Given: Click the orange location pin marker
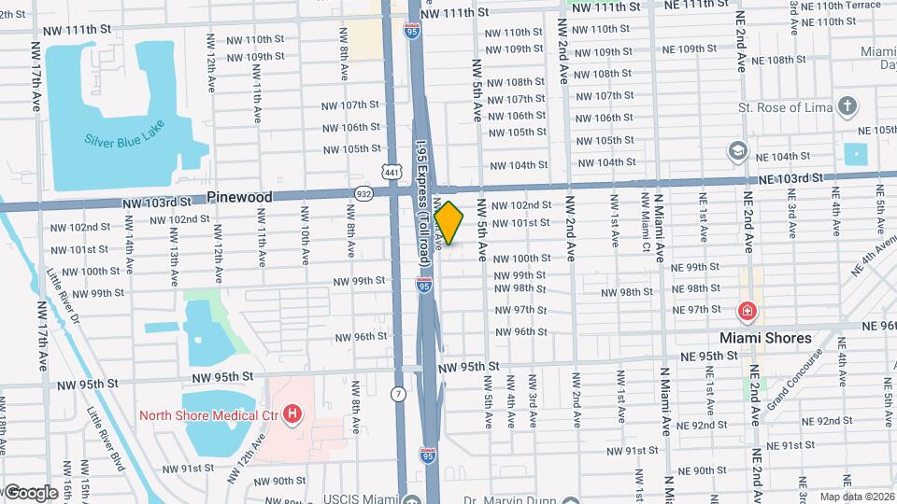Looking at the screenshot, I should coord(448,223).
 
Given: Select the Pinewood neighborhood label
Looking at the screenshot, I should coord(239,197).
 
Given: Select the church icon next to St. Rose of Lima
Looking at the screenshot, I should coord(847,105).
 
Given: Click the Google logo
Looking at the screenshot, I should coord(30,492).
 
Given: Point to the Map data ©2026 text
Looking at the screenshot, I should coord(857,496).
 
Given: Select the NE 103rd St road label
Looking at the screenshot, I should coord(790,177).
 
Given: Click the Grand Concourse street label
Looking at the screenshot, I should coord(794,380).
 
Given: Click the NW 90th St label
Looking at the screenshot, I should coord(273,481).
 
